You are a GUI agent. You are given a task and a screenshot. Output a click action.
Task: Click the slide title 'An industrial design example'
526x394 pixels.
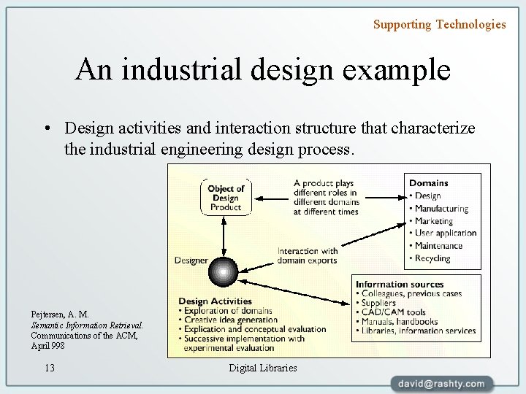click(262, 70)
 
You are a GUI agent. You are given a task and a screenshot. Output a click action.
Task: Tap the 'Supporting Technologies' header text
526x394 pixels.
click(439, 24)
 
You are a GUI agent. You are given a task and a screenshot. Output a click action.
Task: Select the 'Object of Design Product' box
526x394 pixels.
click(226, 197)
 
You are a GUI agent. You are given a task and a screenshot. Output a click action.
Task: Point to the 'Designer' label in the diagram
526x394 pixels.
click(191, 260)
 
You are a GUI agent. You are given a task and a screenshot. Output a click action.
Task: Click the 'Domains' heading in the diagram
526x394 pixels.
click(429, 182)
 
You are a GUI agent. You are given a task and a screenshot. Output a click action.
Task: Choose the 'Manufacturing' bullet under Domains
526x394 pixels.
click(441, 209)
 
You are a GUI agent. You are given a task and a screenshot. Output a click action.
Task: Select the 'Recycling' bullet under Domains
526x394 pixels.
click(432, 258)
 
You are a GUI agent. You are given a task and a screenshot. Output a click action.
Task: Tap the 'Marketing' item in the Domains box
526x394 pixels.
click(434, 221)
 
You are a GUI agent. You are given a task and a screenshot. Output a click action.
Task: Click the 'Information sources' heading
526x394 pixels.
click(399, 284)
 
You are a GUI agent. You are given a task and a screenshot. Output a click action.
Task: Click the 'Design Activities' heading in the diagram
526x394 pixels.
click(215, 301)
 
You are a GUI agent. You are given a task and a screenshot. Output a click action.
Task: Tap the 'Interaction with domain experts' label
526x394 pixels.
click(308, 256)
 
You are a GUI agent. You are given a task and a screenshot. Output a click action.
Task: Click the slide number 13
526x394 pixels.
click(50, 368)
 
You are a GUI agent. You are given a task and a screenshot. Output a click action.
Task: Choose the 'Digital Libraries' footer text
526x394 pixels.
click(263, 368)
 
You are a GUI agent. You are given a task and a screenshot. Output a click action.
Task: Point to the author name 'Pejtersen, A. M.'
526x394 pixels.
click(60, 314)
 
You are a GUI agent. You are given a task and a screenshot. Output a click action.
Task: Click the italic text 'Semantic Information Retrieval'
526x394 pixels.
click(86, 325)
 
